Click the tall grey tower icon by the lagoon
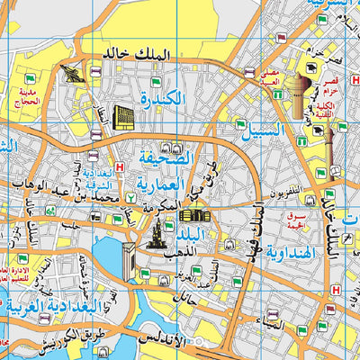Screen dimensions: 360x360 [155, 236]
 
